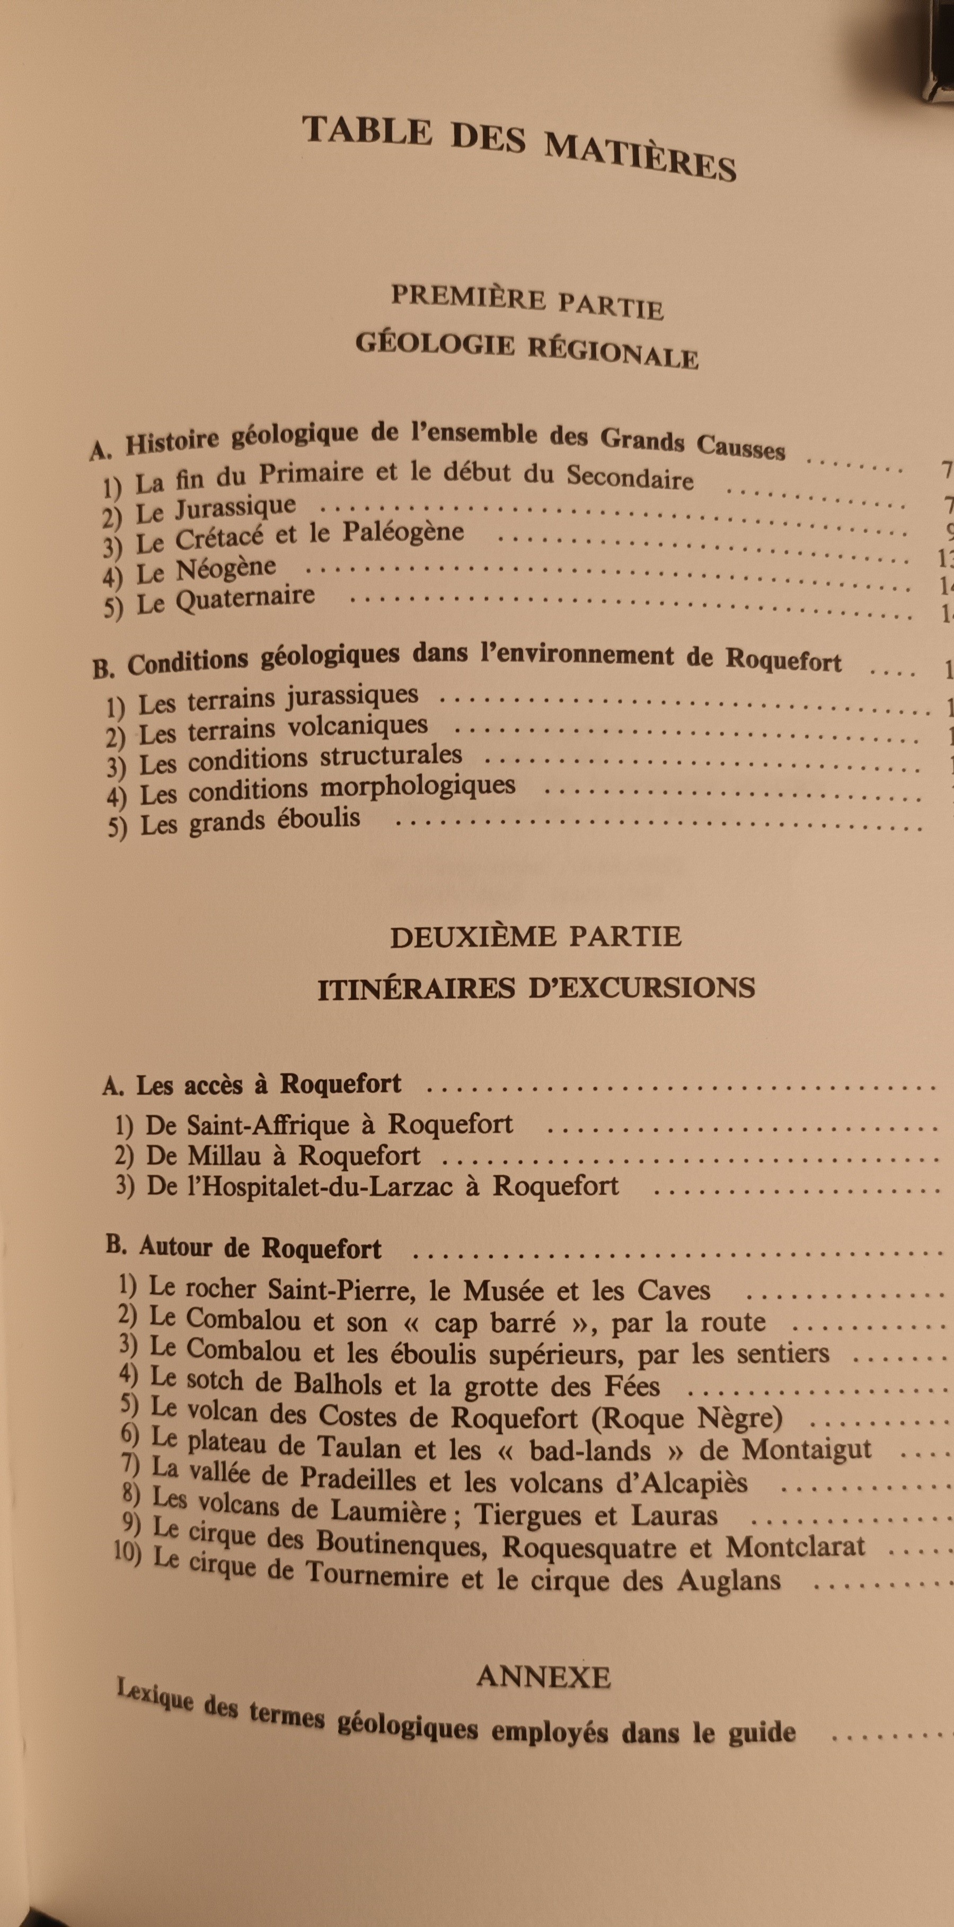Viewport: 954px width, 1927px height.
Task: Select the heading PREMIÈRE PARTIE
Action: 527,302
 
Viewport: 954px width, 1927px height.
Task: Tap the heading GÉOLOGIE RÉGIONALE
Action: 527,349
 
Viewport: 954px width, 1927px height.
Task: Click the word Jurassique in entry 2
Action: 235,509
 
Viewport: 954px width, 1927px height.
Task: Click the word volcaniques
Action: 357,726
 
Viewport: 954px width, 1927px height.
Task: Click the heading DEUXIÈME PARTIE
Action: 535,937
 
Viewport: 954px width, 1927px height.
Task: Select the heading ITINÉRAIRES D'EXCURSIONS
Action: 536,988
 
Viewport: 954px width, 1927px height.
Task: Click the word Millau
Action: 224,1156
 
